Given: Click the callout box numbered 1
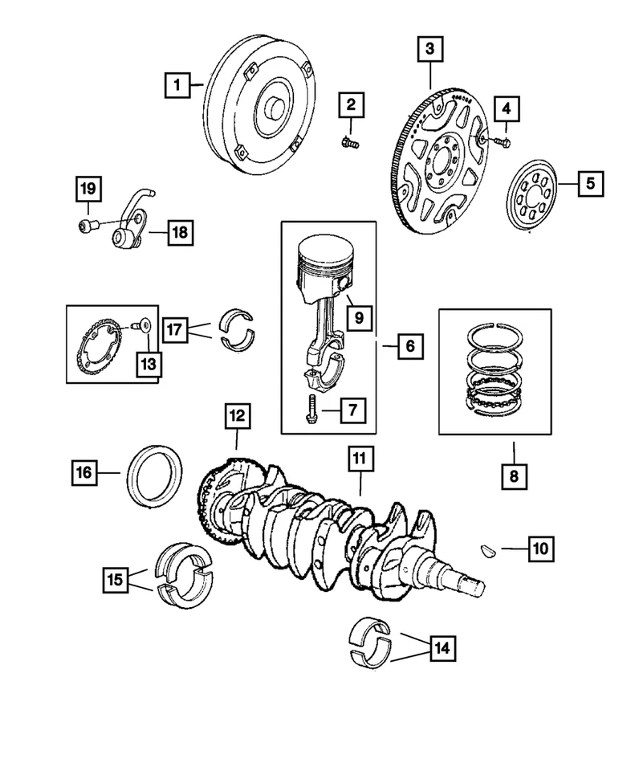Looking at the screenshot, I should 178,84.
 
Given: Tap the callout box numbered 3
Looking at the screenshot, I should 429,50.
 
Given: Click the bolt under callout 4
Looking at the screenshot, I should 503,141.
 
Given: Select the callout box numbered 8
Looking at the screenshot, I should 514,476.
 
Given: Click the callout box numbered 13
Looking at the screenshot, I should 148,363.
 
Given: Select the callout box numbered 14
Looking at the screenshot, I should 441,648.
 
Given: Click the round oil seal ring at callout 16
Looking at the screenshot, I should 155,479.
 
